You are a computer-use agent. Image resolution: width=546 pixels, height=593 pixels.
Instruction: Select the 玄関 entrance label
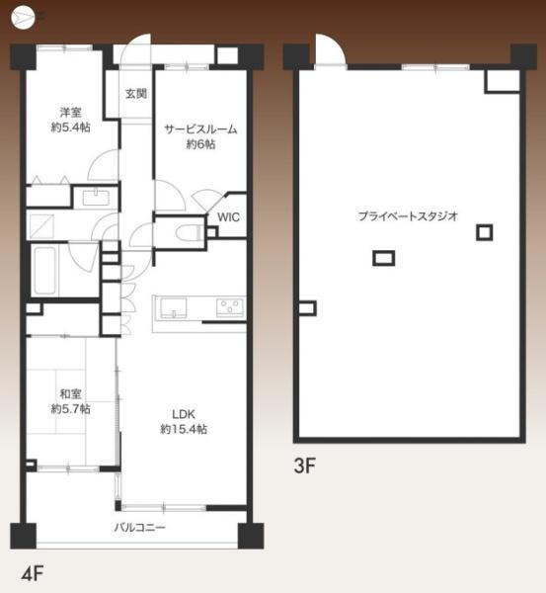[136, 95]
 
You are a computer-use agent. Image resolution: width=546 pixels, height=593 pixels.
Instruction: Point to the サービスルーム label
[201, 129]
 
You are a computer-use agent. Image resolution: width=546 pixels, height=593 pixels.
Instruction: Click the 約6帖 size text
[200, 145]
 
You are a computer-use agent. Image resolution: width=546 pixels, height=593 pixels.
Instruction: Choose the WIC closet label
[228, 217]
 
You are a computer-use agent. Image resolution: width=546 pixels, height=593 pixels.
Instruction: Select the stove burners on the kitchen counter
[229, 306]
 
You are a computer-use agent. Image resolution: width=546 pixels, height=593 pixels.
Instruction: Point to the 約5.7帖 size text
[70, 408]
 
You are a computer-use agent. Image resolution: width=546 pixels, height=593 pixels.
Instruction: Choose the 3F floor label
[302, 466]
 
